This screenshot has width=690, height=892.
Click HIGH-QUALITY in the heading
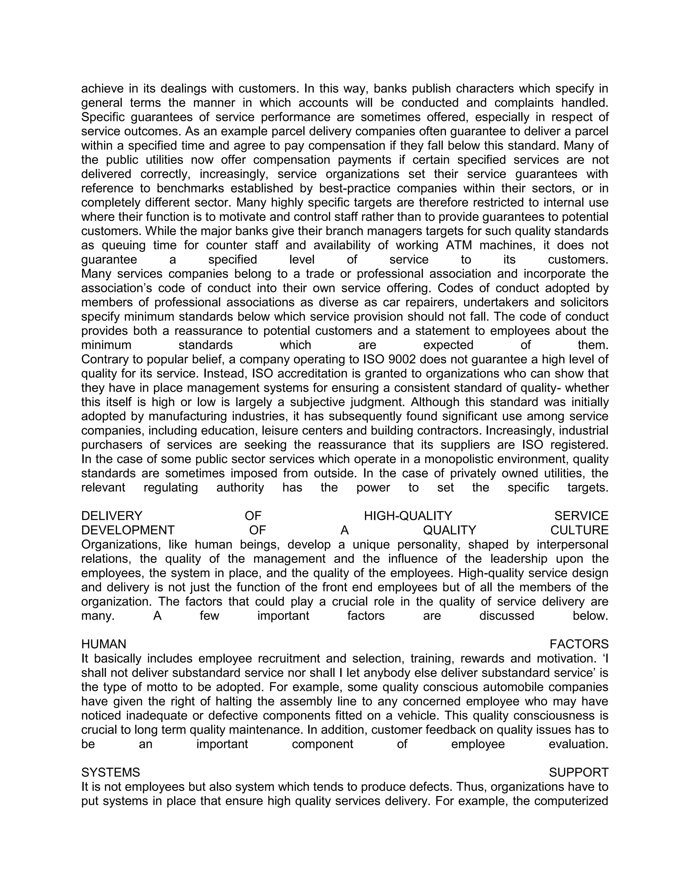click(x=408, y=516)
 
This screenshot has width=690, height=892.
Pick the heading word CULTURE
click(x=579, y=530)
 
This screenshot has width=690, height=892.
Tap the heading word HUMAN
click(x=104, y=644)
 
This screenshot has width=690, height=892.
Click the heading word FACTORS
click(x=579, y=644)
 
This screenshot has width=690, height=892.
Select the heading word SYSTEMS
click(x=111, y=772)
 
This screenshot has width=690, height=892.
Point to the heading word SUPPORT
click(x=578, y=772)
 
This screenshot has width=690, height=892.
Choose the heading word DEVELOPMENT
click(x=128, y=530)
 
